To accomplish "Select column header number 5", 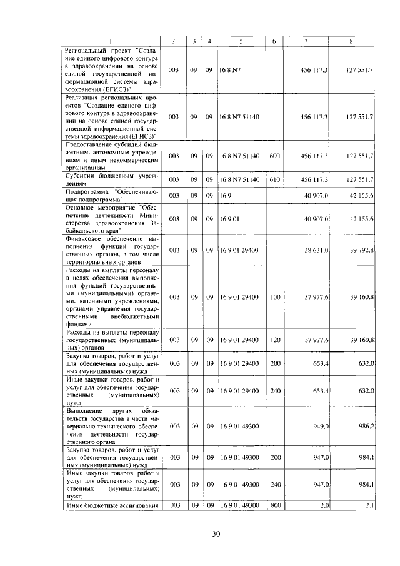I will tap(241, 41).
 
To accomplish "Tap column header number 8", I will tap(352, 41).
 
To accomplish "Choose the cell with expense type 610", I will tap(274, 180).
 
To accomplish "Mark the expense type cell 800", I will tap(274, 505).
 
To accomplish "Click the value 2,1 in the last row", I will tap(368, 505).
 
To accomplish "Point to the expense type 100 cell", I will tap(274, 297).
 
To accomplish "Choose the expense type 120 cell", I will tap(274, 339).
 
